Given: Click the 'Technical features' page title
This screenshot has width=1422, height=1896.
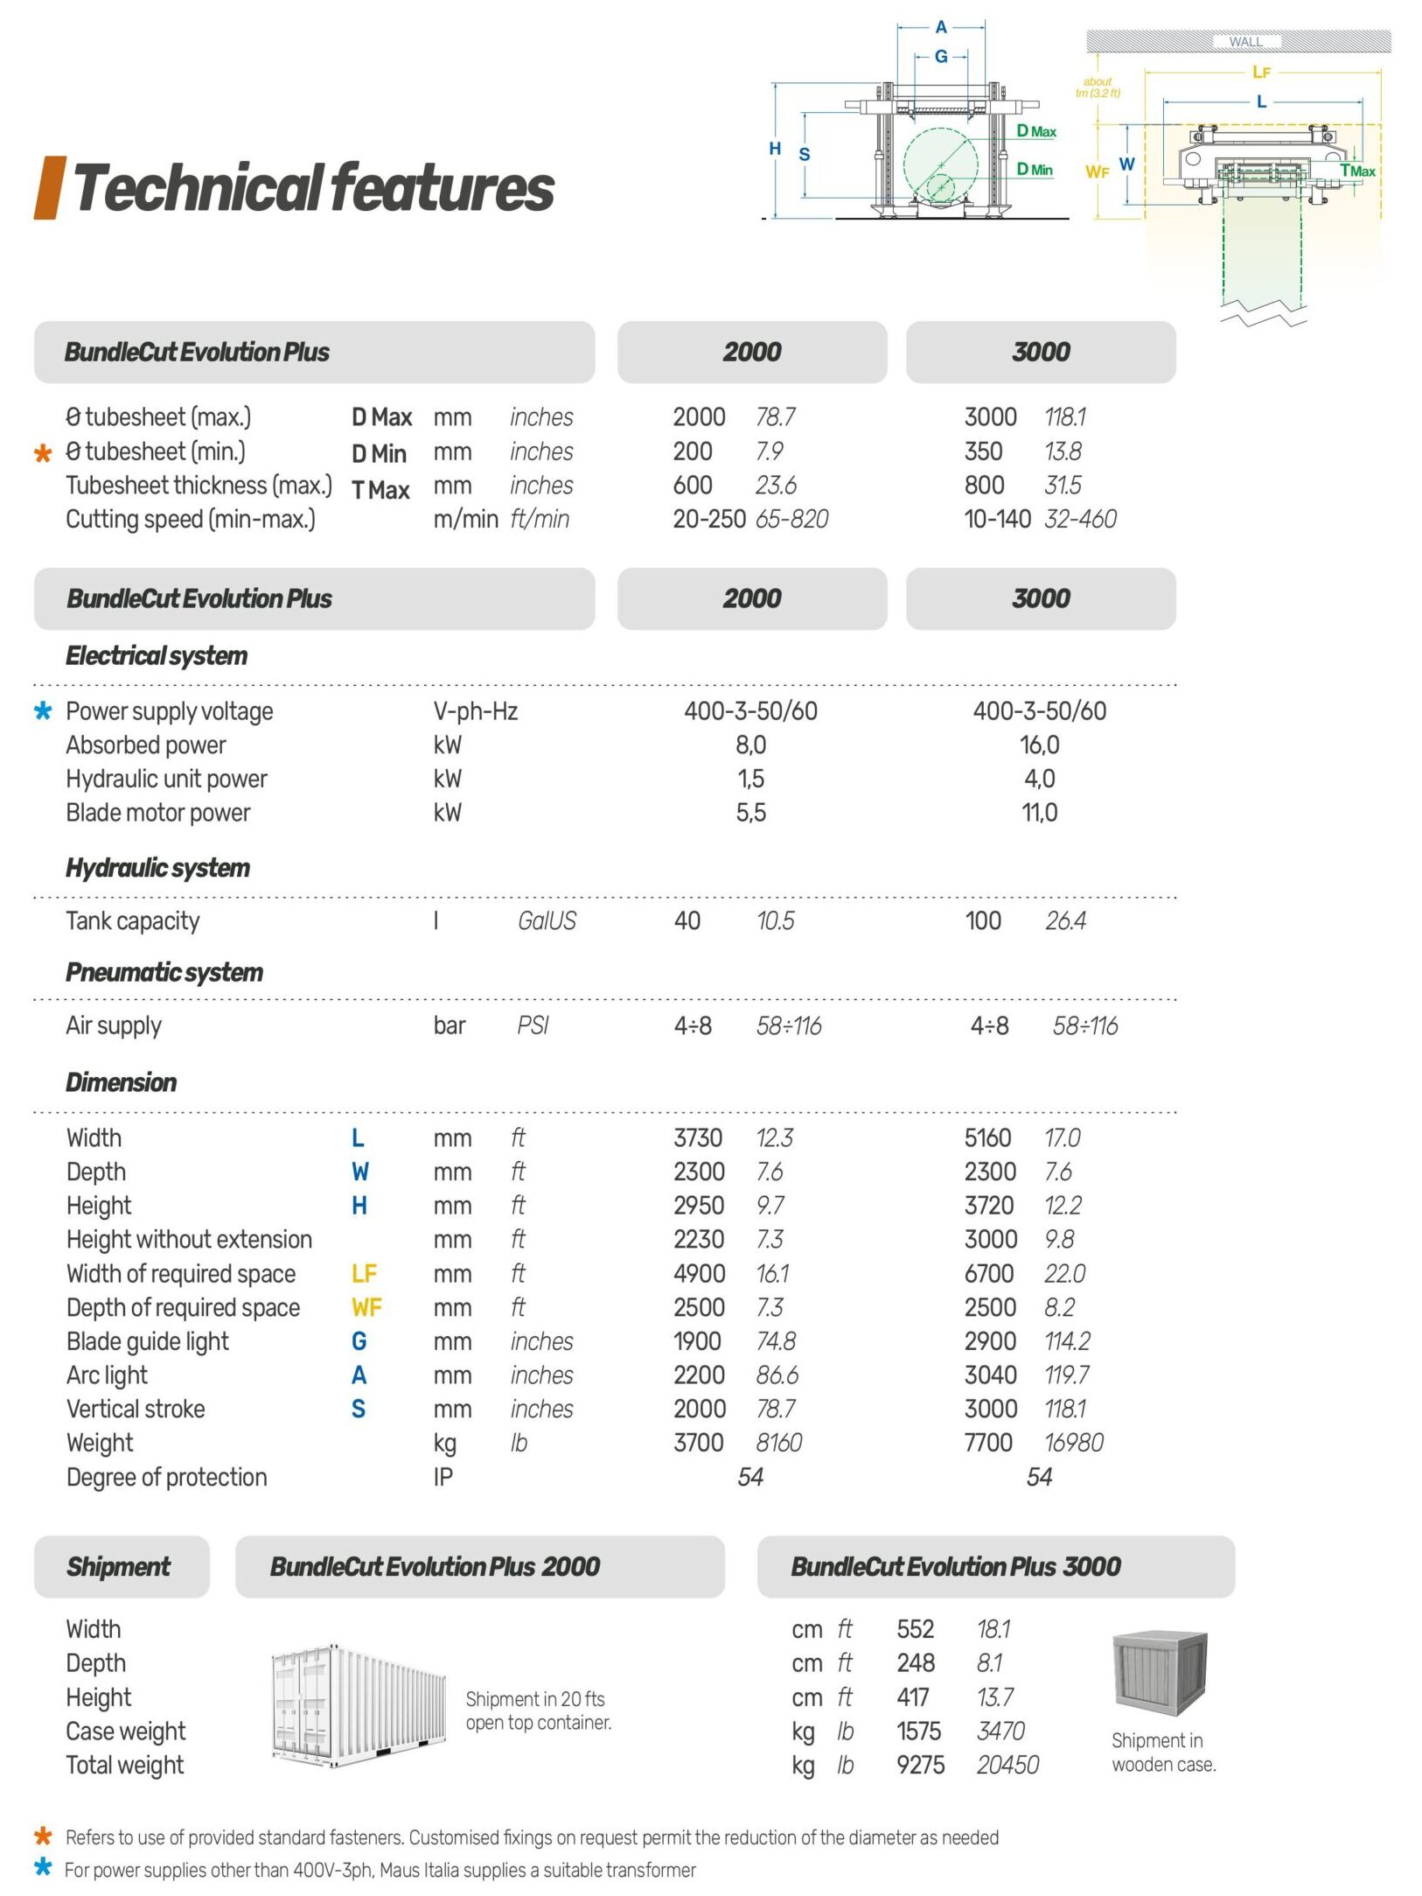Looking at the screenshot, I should pos(313,187).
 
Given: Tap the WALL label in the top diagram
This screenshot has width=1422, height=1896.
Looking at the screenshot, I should pos(1244,41).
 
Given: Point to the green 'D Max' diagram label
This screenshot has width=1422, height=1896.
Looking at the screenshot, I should pos(1036,131).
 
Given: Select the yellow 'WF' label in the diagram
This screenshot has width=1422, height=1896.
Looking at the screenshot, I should pos(1098,172).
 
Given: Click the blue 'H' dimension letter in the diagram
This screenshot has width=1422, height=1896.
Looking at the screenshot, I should pos(775,149).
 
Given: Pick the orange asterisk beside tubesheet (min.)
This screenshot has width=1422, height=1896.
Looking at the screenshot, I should pos(43,453).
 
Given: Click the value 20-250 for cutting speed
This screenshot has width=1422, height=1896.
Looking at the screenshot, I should pos(708,519).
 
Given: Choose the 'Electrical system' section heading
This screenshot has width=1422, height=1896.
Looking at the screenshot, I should pos(157,655).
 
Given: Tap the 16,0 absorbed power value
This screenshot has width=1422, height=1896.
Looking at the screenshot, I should pos(1039,745).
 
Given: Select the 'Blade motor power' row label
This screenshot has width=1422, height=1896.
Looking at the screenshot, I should pos(158,812).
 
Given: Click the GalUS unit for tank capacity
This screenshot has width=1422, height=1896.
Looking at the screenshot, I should pos(547,920).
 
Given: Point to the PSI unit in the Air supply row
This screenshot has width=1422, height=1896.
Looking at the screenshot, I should pos(532,1025).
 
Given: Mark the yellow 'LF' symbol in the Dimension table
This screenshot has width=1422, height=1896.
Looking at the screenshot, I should pos(364,1273).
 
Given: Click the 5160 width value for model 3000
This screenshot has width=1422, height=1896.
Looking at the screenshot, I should pos(987,1137).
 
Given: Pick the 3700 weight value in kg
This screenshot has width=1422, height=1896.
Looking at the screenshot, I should pos(698,1442).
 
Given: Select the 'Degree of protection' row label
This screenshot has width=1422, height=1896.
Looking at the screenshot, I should pos(167,1477).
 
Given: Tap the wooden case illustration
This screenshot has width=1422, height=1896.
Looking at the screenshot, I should pos(1160,1672).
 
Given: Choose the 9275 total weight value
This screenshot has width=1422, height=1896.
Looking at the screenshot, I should pos(920,1765).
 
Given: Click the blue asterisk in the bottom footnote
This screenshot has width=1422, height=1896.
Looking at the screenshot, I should pos(42,1868).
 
